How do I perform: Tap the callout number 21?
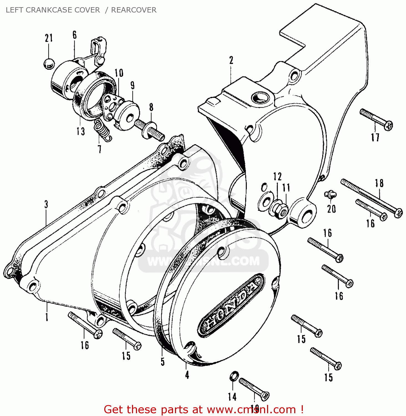(49, 38)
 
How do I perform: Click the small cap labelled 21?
(49, 64)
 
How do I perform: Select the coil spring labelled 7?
(103, 130)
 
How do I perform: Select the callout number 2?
(231, 60)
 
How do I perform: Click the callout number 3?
(46, 204)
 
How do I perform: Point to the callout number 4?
(187, 375)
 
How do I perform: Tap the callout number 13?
(81, 131)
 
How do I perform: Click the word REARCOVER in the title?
(134, 10)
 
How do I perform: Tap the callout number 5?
(163, 361)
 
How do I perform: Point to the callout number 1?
(47, 317)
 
